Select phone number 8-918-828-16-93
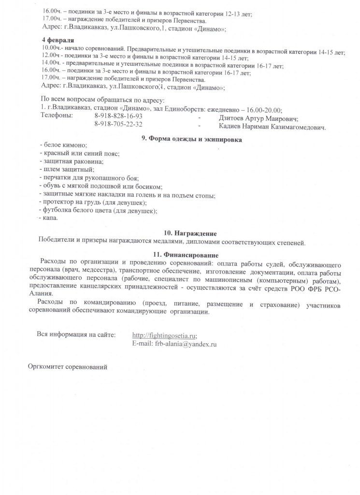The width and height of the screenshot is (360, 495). pyautogui.click(x=118, y=116)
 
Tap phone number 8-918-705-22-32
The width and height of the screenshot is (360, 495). pyautogui.click(x=118, y=124)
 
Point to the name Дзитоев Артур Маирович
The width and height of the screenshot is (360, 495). pyautogui.click(x=258, y=118)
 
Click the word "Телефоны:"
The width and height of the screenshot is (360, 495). pyautogui.click(x=57, y=116)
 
